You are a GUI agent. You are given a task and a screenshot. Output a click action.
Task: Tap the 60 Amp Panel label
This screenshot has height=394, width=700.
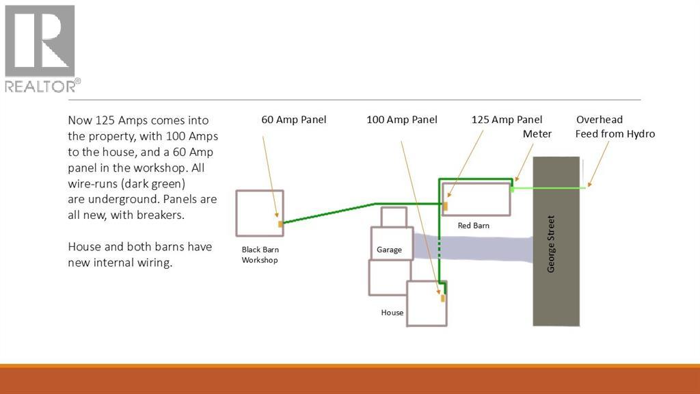click(294, 120)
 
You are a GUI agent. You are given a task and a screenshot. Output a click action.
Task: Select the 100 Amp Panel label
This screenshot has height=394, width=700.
click(402, 120)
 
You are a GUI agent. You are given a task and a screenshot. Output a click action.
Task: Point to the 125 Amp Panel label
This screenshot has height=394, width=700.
click(507, 120)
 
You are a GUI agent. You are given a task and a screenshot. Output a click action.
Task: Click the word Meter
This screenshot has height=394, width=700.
click(537, 134)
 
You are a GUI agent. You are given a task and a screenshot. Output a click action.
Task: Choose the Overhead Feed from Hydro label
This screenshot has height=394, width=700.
click(615, 127)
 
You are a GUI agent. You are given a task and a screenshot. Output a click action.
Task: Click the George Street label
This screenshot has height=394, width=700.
click(551, 244)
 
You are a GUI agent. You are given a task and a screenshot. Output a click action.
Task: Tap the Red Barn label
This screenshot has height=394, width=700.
click(473, 226)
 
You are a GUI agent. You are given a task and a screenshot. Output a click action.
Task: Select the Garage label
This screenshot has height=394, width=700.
click(389, 250)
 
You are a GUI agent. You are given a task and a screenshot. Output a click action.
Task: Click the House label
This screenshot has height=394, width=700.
click(392, 313)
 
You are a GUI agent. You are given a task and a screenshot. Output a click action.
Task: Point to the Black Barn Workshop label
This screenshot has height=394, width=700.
click(260, 254)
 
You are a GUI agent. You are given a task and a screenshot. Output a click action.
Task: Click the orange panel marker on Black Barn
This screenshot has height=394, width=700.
click(280, 224)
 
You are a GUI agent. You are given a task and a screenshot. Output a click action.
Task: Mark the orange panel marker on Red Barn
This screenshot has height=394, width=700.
click(445, 206)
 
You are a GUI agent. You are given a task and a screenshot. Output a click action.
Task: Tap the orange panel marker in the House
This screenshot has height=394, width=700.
click(443, 298)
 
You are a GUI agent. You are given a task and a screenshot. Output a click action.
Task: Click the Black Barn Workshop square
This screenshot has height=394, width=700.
click(236, 213)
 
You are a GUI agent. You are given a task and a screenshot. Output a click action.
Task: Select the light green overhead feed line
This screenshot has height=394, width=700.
click(548, 189)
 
